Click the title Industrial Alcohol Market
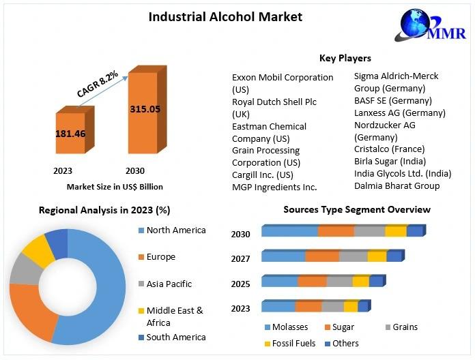[225, 16]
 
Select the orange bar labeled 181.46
[71, 134]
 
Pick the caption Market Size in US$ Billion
[115, 186]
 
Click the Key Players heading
[345, 59]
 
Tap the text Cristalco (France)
[389, 149]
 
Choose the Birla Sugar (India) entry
[390, 162]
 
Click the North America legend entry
[175, 230]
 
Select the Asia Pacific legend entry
[169, 284]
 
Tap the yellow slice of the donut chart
[38, 251]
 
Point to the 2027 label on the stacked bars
[240, 259]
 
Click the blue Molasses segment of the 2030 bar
[289, 231]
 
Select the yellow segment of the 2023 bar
[351, 306]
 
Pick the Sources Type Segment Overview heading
[357, 209]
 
